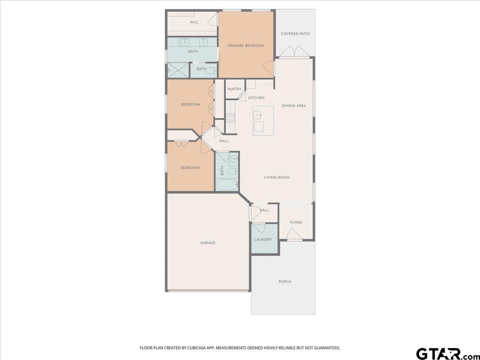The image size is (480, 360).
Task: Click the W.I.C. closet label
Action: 194,22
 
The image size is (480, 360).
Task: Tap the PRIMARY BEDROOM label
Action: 246,46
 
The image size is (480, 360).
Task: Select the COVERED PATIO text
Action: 295,34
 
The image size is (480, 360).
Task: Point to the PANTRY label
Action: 234,89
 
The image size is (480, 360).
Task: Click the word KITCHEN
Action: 256,98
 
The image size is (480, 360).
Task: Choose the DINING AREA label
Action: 294,106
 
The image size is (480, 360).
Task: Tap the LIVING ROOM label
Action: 276,178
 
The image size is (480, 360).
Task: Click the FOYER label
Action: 296,223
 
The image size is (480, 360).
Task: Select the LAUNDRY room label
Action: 263,240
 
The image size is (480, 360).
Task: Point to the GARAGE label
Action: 208,243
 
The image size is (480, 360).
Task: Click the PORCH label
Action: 285,282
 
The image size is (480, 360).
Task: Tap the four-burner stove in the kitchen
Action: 230,118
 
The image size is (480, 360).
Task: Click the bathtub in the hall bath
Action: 227,185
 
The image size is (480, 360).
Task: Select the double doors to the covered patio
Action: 294,52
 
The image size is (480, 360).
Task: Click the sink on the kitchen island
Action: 258,115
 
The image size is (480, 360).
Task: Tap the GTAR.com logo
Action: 444,354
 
